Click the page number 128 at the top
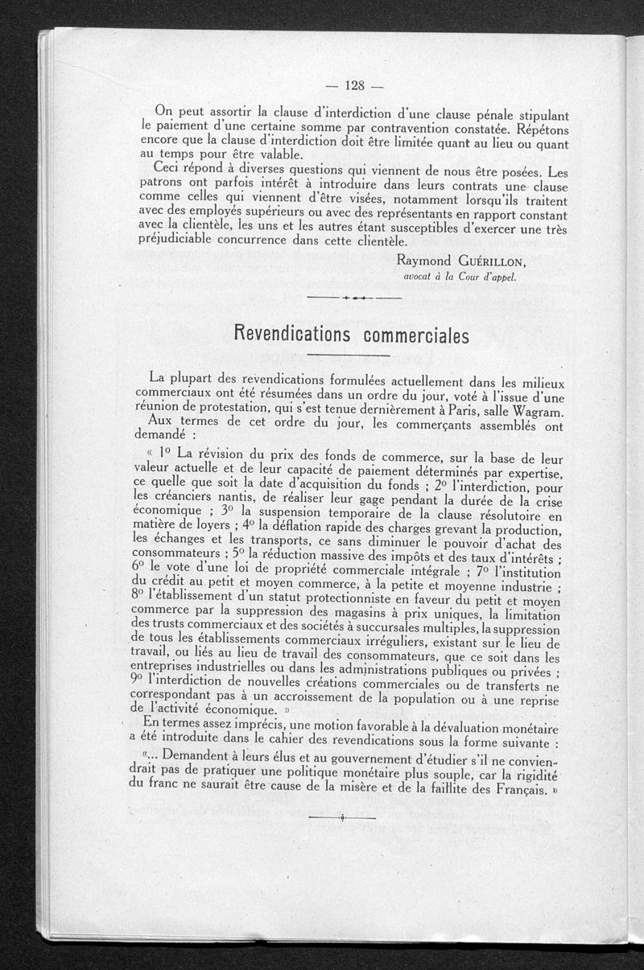click(355, 85)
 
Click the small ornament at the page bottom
click(342, 818)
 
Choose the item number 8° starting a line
click(139, 596)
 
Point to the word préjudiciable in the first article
click(182, 239)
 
